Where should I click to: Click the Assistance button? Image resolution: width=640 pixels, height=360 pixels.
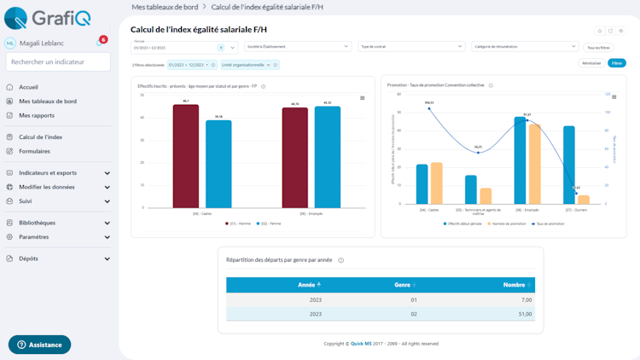pyautogui.click(x=39, y=345)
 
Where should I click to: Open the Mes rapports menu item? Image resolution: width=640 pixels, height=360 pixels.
pyautogui.click(x=37, y=115)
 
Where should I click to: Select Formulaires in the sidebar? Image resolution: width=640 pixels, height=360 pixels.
pyautogui.click(x=34, y=151)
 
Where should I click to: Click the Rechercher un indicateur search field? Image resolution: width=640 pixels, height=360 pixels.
pyautogui.click(x=58, y=61)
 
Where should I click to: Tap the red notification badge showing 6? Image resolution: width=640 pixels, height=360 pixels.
pyautogui.click(x=103, y=39)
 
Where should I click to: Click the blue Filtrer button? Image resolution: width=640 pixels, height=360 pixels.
pyautogui.click(x=617, y=63)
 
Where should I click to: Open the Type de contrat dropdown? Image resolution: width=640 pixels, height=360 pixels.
pyautogui.click(x=411, y=47)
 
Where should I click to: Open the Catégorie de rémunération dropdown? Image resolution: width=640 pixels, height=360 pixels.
pyautogui.click(x=525, y=47)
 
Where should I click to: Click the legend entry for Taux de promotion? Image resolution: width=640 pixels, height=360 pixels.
pyautogui.click(x=549, y=224)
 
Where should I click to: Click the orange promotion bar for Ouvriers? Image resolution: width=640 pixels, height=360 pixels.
pyautogui.click(x=584, y=200)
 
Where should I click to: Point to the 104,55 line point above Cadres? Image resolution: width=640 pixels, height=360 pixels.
pyautogui.click(x=429, y=108)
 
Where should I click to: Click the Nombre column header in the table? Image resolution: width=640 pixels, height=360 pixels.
pyautogui.click(x=514, y=285)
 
